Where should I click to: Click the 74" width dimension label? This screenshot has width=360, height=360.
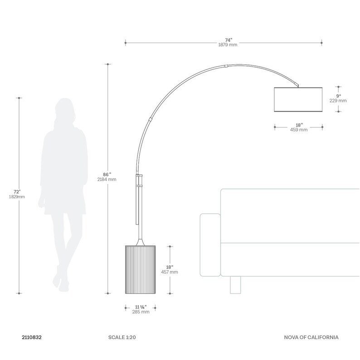[x=223, y=39]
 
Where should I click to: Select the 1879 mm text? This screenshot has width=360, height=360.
[x=223, y=45]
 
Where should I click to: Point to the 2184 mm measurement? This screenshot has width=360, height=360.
[x=107, y=180]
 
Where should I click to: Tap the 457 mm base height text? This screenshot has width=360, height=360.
[x=170, y=272]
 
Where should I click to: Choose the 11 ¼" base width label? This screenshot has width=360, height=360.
[x=141, y=306]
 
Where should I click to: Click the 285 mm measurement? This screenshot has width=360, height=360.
[x=140, y=312]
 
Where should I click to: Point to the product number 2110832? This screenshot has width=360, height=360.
[x=32, y=338]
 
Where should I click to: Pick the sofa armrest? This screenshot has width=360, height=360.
[x=209, y=245]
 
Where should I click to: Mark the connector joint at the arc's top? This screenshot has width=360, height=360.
[x=226, y=66]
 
